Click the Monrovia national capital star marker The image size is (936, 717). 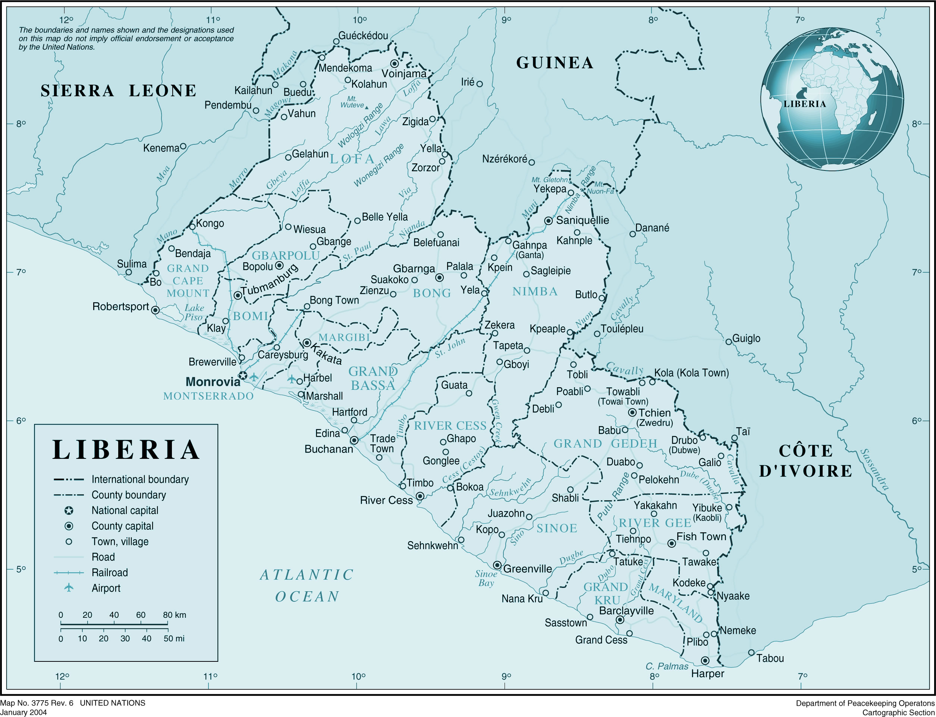(242, 375)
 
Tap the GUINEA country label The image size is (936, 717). (555, 63)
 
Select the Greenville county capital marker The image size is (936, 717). (497, 565)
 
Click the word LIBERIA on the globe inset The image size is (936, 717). (805, 104)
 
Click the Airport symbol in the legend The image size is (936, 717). (69, 588)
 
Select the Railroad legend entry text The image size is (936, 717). (110, 573)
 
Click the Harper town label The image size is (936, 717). (707, 674)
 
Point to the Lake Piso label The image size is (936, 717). (194, 312)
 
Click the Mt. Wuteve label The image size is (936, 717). (352, 102)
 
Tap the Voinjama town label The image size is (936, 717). (403, 74)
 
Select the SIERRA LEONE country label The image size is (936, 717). (119, 91)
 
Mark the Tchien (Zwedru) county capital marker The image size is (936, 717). (632, 412)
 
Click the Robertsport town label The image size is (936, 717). (120, 306)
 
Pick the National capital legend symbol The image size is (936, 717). (69, 510)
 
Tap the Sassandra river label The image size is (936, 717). (874, 469)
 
